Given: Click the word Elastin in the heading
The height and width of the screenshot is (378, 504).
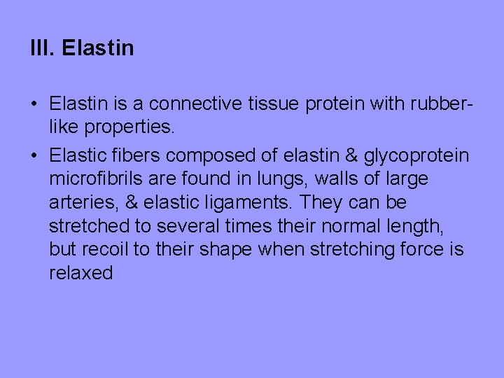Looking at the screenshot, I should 97,48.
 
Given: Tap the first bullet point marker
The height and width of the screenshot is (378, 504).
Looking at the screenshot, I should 34,104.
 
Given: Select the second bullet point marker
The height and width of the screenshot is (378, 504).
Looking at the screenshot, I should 34,156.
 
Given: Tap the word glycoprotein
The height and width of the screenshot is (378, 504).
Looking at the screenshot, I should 416,156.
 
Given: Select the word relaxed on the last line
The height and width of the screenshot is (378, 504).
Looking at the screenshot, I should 80,273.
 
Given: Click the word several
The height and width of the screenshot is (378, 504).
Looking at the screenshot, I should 189,226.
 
